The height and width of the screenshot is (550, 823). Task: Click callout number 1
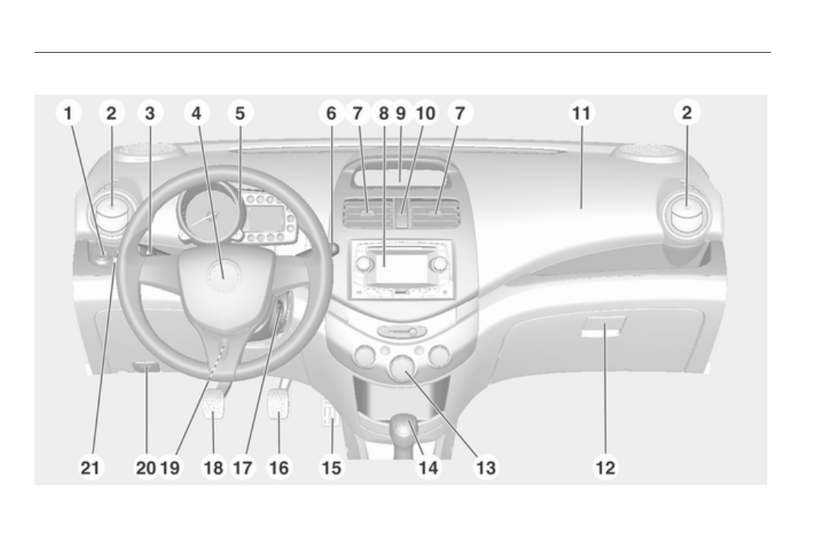click(x=69, y=114)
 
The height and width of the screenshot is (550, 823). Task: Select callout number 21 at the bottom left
click(x=91, y=467)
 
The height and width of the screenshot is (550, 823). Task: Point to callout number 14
click(x=429, y=467)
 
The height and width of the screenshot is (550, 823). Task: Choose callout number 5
click(x=240, y=114)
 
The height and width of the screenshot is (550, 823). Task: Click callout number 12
click(x=604, y=467)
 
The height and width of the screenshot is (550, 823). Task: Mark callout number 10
click(x=425, y=114)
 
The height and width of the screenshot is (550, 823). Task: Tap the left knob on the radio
click(x=365, y=264)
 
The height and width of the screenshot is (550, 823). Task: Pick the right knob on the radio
click(x=439, y=264)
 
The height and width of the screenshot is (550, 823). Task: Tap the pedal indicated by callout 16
click(x=277, y=403)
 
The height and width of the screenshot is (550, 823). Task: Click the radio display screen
click(x=400, y=270)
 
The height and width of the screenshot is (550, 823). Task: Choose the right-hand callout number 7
click(x=460, y=114)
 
